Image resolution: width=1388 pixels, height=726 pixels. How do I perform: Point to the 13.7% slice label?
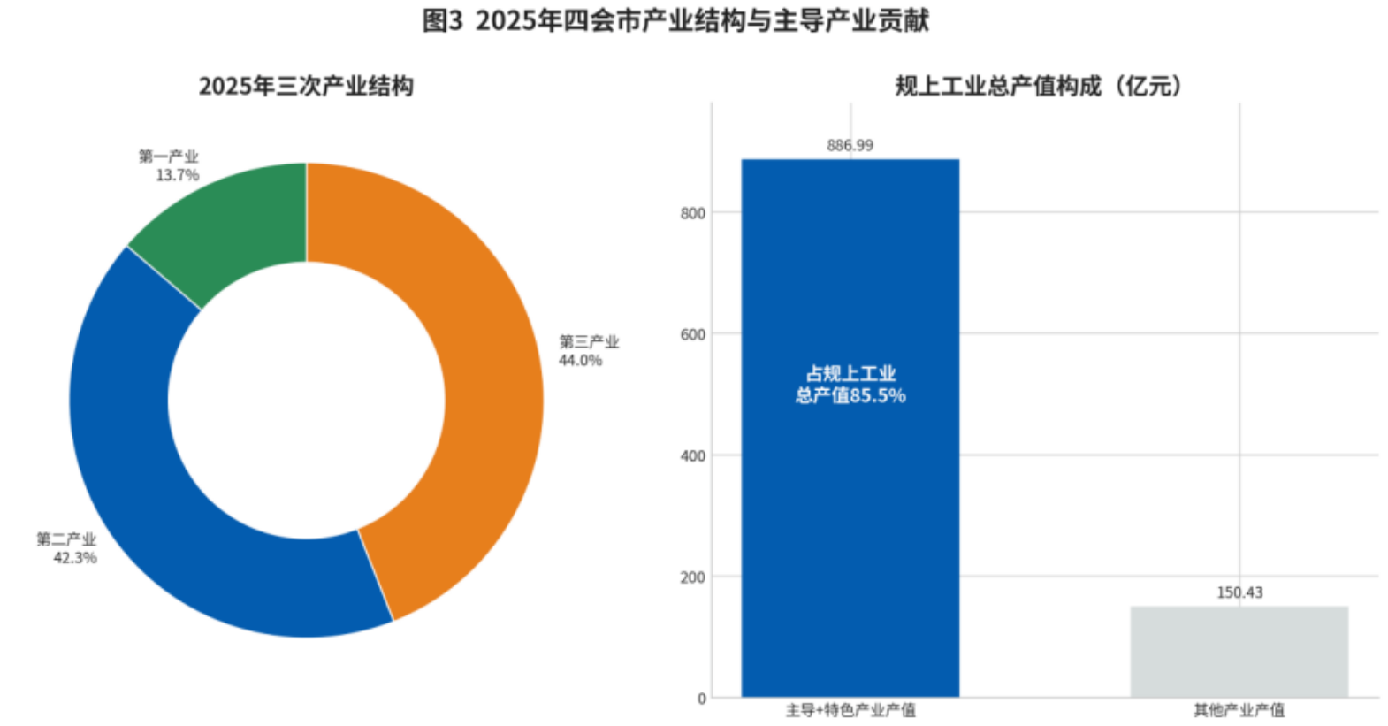pos(177,175)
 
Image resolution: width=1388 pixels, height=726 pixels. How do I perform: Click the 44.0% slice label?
pos(580,361)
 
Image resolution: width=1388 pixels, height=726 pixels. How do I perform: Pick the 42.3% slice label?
pos(75,558)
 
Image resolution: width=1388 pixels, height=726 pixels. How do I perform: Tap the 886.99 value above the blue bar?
pos(850,145)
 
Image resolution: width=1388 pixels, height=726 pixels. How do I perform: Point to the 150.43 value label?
pos(1239,592)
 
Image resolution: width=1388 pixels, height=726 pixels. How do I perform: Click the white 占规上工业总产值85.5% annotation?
pos(850,385)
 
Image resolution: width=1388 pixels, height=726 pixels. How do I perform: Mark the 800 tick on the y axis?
pos(693,213)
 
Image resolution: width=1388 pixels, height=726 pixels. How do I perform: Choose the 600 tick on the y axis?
pos(693,334)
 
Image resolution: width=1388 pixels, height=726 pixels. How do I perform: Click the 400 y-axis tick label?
pos(693,456)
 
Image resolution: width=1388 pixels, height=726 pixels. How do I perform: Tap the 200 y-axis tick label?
pos(693,577)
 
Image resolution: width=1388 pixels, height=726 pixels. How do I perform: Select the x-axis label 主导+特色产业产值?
pos(850,710)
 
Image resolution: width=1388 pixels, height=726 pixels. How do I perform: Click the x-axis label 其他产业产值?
pos(1239,710)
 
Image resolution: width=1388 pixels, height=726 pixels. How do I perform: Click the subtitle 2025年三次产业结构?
pos(306,86)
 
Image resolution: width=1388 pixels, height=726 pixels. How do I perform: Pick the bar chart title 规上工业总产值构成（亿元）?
pos(1038,86)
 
